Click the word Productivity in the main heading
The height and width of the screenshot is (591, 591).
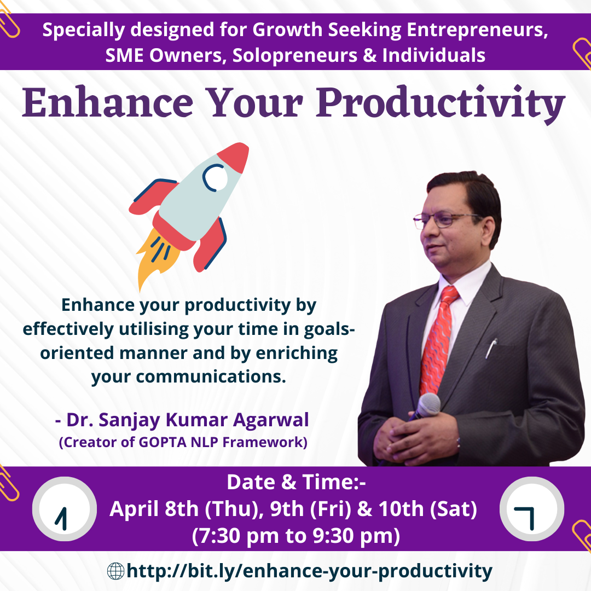point(441,104)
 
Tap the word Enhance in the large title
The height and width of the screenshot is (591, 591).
point(108,102)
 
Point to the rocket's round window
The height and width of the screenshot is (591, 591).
point(215,177)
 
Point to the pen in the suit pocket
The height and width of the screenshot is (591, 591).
point(491,347)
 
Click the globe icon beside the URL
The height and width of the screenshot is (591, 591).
point(115,571)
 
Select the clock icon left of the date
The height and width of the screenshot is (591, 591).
point(65,509)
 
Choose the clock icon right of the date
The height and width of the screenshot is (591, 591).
point(532,509)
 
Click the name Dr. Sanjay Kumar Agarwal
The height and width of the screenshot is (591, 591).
point(187,420)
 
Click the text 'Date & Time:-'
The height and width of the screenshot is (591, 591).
point(296,482)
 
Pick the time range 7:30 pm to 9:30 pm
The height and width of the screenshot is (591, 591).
point(296,536)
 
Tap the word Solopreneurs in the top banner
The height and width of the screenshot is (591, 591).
point(295,56)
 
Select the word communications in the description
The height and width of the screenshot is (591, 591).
point(211,376)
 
